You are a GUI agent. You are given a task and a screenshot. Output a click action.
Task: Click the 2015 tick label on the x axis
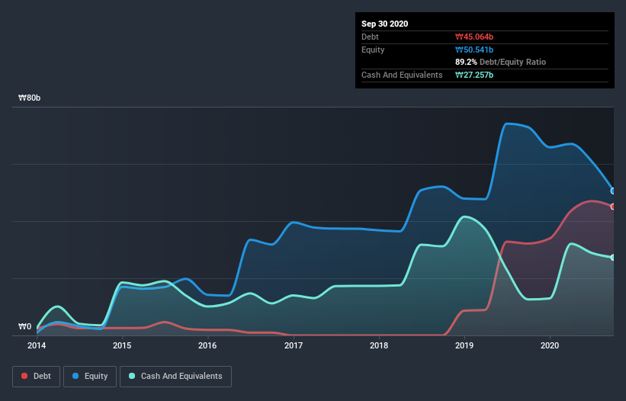tap(122, 345)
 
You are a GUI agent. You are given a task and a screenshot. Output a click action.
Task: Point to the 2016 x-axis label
tap(207, 345)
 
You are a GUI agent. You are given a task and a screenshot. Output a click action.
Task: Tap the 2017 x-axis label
tap(294, 345)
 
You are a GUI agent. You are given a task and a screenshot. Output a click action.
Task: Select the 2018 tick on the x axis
tap(379, 345)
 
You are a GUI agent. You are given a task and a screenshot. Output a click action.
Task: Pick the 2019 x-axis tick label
tap(464, 345)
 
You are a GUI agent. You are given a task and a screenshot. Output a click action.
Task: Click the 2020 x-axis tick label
tap(550, 345)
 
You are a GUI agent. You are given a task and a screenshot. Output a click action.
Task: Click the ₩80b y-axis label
tap(30, 98)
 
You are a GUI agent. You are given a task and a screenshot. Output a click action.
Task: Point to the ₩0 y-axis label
tap(25, 326)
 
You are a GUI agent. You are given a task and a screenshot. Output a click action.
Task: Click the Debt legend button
tap(37, 376)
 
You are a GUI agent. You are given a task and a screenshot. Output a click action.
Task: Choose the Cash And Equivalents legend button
tap(175, 376)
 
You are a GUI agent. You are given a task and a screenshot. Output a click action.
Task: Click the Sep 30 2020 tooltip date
tap(385, 24)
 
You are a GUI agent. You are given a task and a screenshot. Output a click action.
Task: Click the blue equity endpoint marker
tap(613, 191)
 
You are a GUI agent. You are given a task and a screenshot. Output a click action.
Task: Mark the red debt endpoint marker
tap(613, 207)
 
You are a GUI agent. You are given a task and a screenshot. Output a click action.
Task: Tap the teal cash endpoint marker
tap(613, 258)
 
